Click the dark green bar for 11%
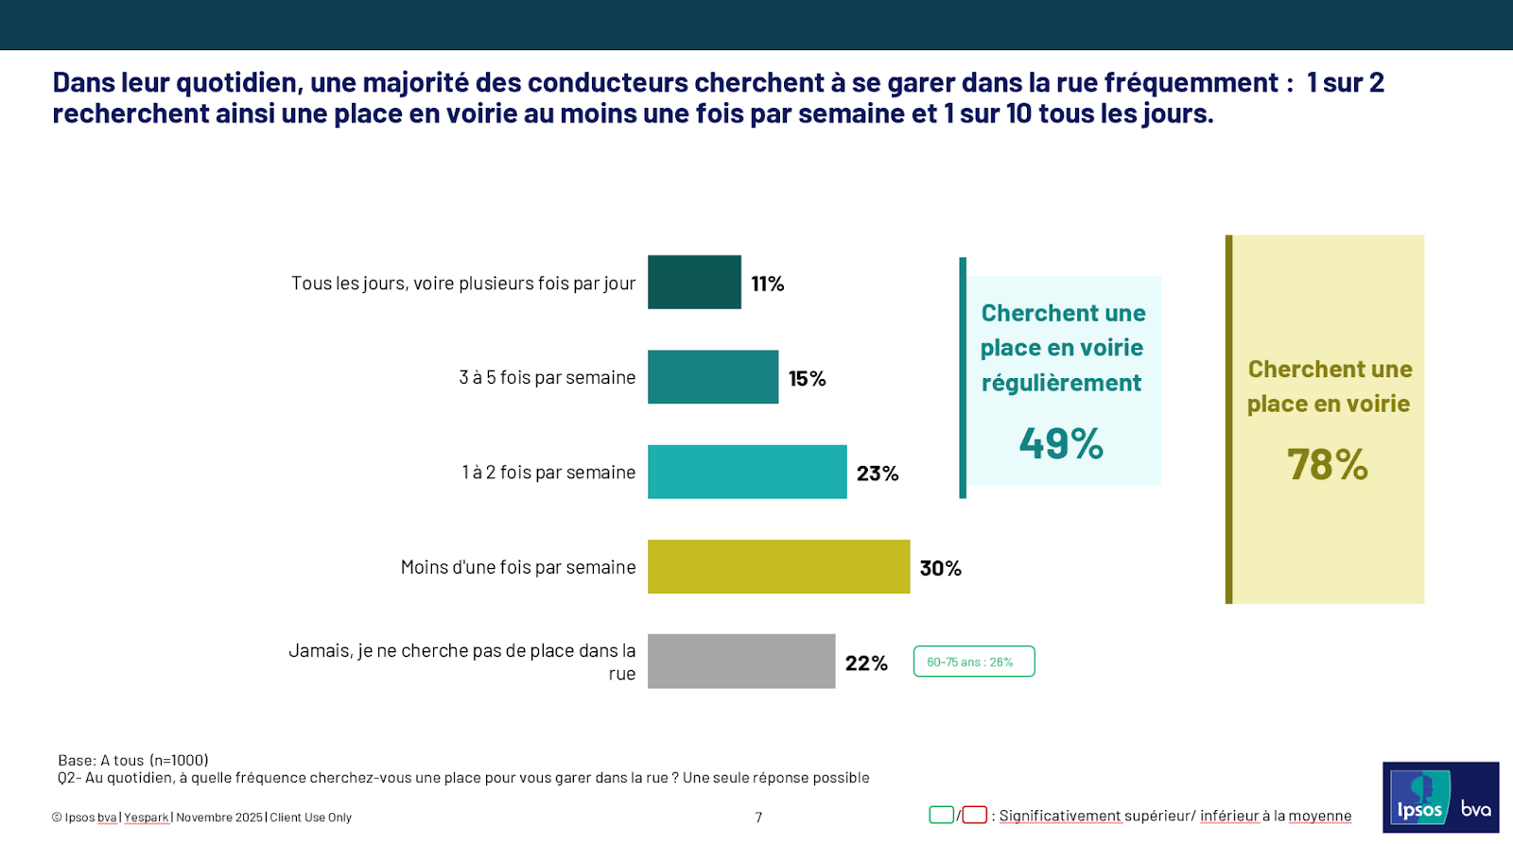coord(694,282)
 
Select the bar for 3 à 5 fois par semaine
coord(712,377)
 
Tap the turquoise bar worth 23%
coord(747,472)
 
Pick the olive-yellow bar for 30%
coord(778,567)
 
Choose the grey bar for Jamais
coord(741,661)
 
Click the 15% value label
coord(807,379)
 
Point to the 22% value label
coord(866,663)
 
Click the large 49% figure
coord(1061,443)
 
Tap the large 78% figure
coord(1328,464)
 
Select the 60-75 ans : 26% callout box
coord(974,662)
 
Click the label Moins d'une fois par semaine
coord(517,567)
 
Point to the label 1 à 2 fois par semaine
coord(548,473)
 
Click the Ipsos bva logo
coord(1440,798)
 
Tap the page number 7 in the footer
coord(758,818)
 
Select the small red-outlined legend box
coord(975,815)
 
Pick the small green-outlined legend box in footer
coord(941,815)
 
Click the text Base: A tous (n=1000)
coord(133,760)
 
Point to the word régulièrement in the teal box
coord(1061,383)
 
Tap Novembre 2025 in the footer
coord(219,818)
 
